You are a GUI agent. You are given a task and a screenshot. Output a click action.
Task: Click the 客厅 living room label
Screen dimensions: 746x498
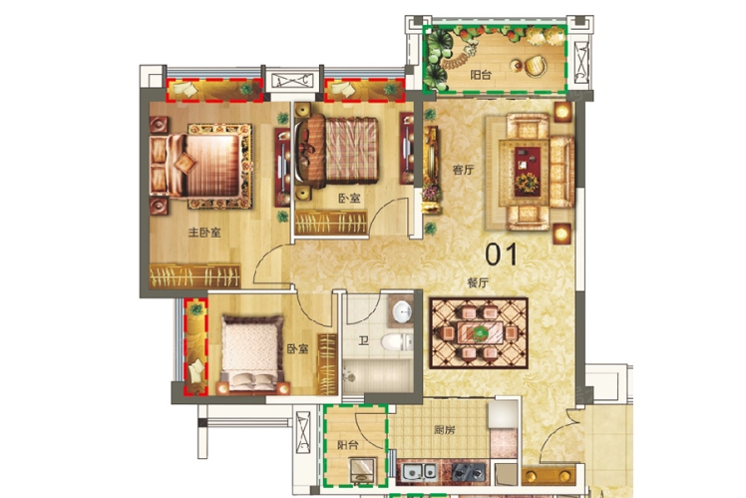pos(463,170)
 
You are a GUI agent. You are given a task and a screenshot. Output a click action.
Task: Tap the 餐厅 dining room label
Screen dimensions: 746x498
pos(477,282)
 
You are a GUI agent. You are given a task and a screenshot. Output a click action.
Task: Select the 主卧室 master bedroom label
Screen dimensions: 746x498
pos(204,233)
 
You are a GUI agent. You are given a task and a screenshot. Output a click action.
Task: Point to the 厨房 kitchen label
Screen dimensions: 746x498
pos(445,430)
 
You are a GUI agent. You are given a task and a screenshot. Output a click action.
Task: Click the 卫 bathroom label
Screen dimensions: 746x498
pos(364,341)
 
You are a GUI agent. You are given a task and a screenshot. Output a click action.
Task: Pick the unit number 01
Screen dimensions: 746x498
pos(501,254)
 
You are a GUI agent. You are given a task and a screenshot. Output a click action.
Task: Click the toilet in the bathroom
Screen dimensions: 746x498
pos(397,342)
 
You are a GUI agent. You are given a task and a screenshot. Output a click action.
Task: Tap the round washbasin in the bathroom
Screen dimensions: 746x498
pos(403,311)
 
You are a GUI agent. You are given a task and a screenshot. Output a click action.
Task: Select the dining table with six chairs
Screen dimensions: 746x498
pos(480,332)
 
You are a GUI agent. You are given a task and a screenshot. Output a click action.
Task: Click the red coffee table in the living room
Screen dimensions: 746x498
pos(527,171)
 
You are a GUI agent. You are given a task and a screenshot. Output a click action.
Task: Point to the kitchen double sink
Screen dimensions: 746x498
pos(419,472)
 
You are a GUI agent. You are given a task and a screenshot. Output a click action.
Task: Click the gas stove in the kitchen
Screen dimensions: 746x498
pos(469,472)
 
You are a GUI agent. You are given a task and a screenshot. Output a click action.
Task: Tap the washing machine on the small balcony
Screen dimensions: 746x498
pos(363,470)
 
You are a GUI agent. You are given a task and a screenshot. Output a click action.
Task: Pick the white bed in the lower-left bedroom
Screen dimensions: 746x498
pos(249,353)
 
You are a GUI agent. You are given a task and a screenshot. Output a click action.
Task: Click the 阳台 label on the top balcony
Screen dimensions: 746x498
pos(481,75)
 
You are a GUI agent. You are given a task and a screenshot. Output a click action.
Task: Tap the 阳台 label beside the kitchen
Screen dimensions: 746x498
pos(348,445)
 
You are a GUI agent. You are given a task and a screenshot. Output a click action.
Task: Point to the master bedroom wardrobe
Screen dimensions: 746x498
pos(195,275)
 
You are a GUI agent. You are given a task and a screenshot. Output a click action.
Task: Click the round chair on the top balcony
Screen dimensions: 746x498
pos(537,66)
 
